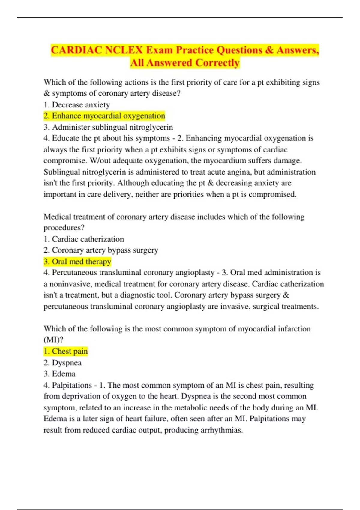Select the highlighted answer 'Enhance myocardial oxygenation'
click(104, 116)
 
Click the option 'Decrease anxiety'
click(77, 105)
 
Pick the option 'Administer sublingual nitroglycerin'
click(108, 127)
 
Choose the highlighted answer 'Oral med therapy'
click(77, 262)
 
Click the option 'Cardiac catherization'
click(84, 239)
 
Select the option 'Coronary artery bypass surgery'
click(101, 250)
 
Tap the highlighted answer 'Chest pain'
click(66, 351)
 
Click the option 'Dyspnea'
click(63, 363)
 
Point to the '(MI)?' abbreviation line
click(53, 340)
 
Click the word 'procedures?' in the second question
click(64, 228)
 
